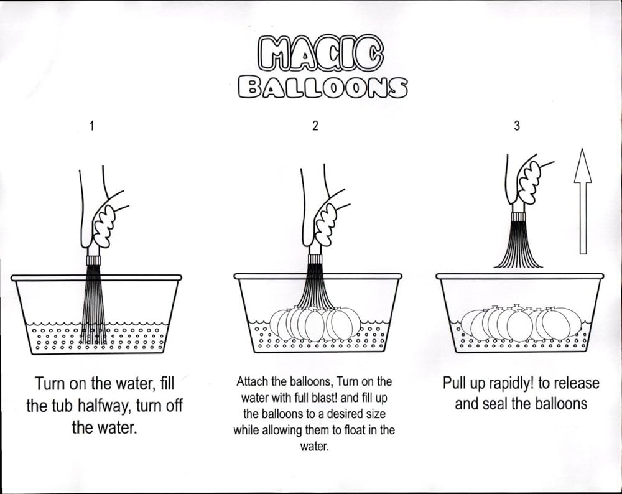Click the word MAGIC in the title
(321, 54)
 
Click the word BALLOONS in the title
(322, 87)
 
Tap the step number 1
(91, 126)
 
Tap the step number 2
(315, 126)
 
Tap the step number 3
(516, 126)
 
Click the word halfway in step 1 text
(104, 406)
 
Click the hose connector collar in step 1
(94, 261)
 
